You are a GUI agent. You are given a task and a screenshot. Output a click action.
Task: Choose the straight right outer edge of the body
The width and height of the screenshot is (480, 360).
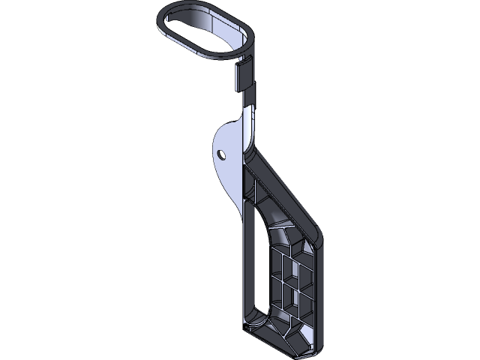[325, 292]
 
